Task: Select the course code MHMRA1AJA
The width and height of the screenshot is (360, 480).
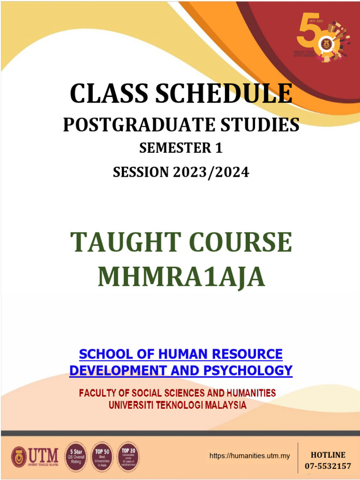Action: [181, 277]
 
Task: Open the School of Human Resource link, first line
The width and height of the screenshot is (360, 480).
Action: [180, 353]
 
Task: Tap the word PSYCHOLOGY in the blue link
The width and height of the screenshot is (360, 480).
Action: [248, 370]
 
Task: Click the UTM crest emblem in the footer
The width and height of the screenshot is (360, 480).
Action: [19, 456]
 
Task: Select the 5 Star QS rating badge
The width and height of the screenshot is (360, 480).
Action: [76, 456]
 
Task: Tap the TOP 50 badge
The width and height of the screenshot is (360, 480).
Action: [102, 456]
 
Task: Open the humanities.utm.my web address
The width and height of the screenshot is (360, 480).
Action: [249, 456]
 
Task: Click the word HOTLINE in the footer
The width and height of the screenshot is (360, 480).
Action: [328, 455]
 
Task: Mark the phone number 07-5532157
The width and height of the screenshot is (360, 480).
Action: [328, 466]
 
